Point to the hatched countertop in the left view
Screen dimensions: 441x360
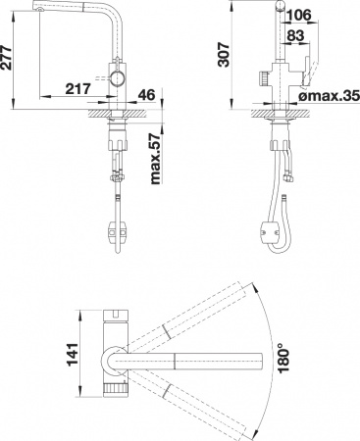[102, 113]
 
